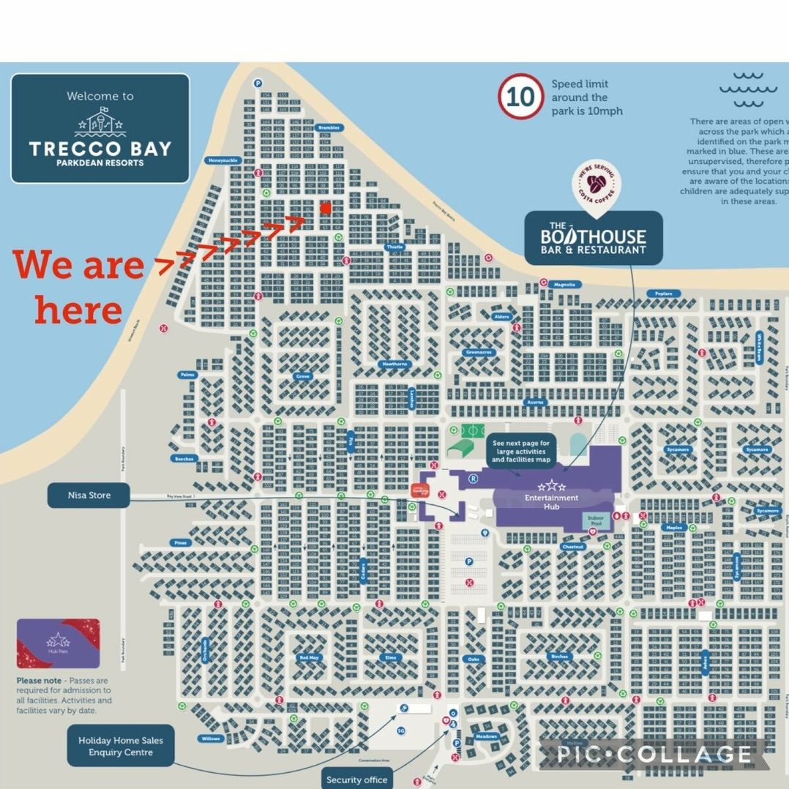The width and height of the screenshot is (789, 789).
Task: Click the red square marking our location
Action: [326, 209]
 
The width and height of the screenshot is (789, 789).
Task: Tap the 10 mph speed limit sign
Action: [520, 97]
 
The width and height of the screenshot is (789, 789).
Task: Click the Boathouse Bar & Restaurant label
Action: [594, 238]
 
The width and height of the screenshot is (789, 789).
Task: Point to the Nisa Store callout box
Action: [89, 496]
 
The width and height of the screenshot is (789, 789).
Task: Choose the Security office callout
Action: [356, 779]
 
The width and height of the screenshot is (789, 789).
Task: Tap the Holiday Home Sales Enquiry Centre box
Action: [121, 746]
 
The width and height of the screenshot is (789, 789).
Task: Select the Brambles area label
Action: [329, 127]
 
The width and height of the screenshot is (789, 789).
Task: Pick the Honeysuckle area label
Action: [223, 160]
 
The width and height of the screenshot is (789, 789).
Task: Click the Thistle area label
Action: [394, 247]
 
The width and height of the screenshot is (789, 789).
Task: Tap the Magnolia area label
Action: [564, 285]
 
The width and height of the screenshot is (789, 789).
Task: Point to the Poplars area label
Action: [663, 293]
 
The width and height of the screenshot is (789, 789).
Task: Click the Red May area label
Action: [309, 657]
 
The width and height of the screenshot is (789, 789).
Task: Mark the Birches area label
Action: [559, 657]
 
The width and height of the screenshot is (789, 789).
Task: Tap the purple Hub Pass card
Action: [58, 643]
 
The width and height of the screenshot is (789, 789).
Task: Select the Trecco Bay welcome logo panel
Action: [100, 128]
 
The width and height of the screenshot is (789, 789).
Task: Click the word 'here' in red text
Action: [78, 310]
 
